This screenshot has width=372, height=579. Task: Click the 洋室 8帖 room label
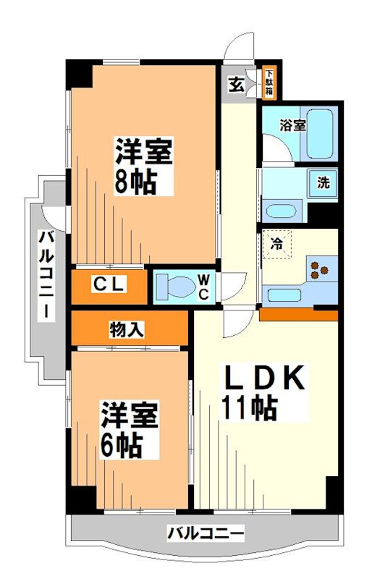coord(143,167)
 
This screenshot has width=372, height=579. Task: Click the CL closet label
coord(109,284)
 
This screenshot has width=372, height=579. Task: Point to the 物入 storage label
coord(126,329)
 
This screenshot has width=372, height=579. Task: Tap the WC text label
coord(203,287)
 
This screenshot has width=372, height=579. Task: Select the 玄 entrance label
coord(237,84)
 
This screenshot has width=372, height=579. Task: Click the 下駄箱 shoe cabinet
coord(269,82)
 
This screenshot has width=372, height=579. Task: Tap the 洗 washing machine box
coord(323,182)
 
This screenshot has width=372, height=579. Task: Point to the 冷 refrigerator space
coord(276,244)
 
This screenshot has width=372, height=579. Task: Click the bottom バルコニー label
coord(206,535)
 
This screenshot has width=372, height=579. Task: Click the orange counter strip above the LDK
coord(298,315)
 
